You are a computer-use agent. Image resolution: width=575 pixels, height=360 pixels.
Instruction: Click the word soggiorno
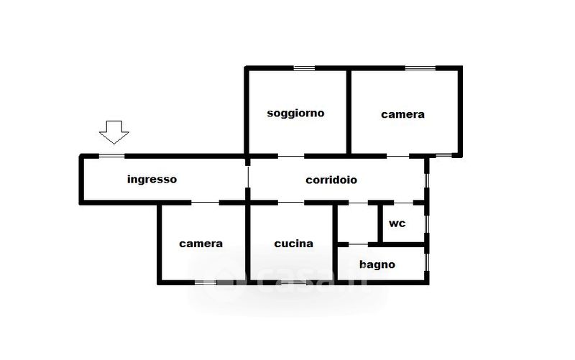[295, 113]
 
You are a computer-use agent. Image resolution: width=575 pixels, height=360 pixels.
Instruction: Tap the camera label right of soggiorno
[402, 114]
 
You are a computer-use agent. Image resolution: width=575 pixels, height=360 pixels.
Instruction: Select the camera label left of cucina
[201, 244]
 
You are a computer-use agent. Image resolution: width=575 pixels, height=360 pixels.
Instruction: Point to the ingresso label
[152, 179]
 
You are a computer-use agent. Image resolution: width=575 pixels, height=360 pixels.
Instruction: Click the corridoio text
[331, 180]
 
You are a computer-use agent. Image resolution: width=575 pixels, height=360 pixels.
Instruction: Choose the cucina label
[293, 244]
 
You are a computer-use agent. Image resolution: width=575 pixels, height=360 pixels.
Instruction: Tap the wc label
[397, 223]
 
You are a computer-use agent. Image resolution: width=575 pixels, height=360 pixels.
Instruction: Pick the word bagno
[377, 264]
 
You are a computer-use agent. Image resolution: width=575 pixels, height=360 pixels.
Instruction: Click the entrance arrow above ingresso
[114, 132]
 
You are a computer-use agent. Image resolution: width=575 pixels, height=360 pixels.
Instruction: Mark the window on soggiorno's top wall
[304, 68]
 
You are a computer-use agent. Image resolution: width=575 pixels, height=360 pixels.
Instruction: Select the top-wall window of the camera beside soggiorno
[420, 68]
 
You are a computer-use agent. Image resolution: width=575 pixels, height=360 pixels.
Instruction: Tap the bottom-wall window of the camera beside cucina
[206, 283]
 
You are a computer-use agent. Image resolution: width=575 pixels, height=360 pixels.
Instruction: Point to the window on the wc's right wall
[427, 223]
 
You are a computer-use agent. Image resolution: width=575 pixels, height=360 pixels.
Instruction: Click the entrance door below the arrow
[111, 155]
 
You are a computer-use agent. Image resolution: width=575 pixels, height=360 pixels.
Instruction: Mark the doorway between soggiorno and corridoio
[291, 155]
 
